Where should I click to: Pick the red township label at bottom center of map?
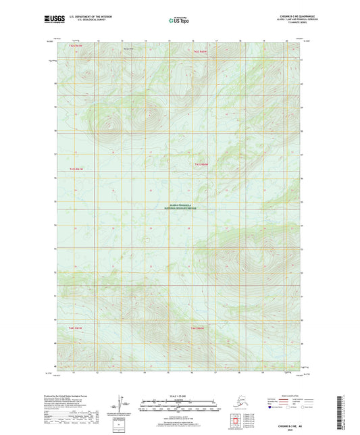coord(197,328)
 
